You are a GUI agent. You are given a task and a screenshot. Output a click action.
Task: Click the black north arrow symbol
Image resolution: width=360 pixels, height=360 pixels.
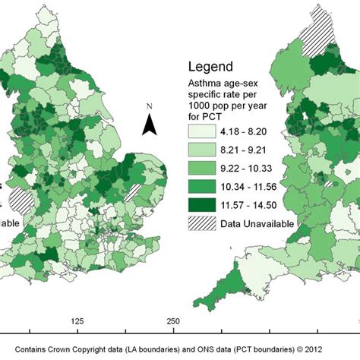[x=150, y=125]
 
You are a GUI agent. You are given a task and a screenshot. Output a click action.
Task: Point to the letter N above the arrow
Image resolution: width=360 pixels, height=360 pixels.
[x=150, y=106]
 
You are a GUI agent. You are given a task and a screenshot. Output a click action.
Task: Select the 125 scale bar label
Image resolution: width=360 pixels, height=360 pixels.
[x=76, y=322]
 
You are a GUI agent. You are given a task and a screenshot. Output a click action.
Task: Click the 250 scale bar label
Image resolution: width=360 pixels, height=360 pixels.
[x=173, y=322]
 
